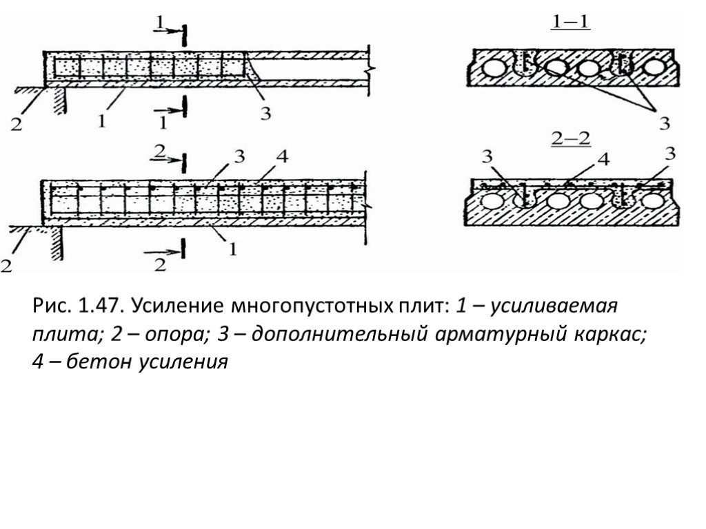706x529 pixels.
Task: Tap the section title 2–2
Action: [x=571, y=139]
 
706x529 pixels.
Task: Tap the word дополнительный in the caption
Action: [x=339, y=335]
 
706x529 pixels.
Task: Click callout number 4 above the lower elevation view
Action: [x=282, y=156]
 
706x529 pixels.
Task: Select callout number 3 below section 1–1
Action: [x=665, y=123]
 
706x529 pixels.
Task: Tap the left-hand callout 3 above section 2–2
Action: [x=487, y=156]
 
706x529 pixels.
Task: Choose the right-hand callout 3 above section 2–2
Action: [x=670, y=154]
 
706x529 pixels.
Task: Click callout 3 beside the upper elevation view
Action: [x=265, y=113]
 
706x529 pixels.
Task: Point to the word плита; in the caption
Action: [x=68, y=335]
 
